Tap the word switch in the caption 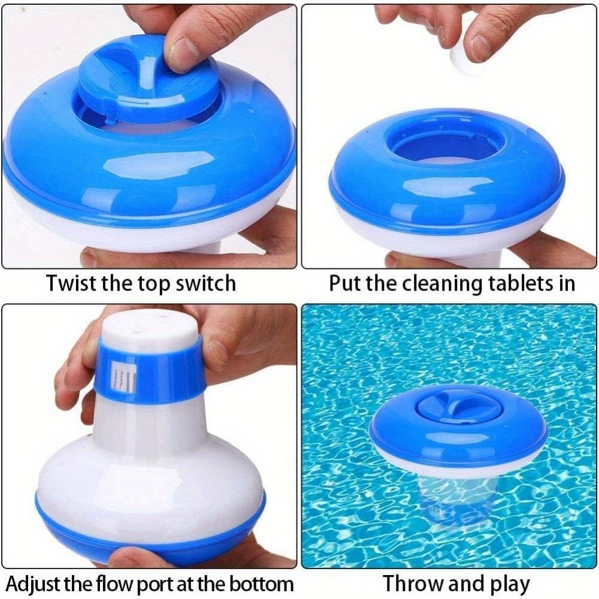[x=205, y=283]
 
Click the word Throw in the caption [x=413, y=583]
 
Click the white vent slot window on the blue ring [x=126, y=376]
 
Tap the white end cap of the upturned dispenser [x=146, y=327]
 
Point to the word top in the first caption [x=155, y=283]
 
